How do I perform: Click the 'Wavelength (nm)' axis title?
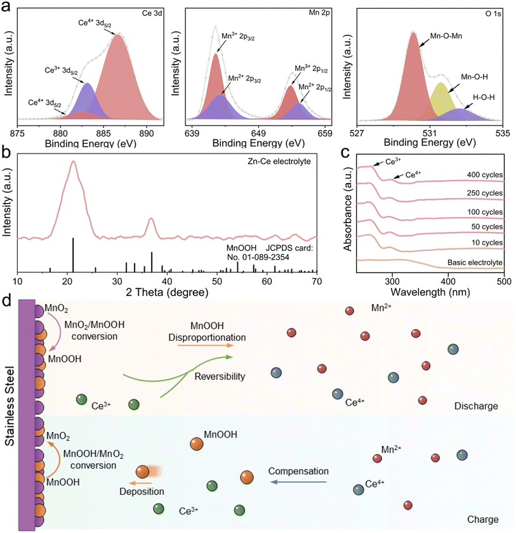point(430,293)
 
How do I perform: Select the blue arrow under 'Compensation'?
point(298,482)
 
